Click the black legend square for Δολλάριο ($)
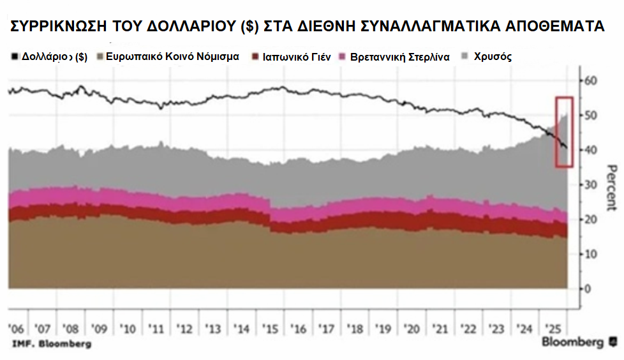[15, 57]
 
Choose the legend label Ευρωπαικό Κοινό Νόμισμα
[172, 57]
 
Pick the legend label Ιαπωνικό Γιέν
[294, 57]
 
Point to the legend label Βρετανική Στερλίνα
[401, 57]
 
